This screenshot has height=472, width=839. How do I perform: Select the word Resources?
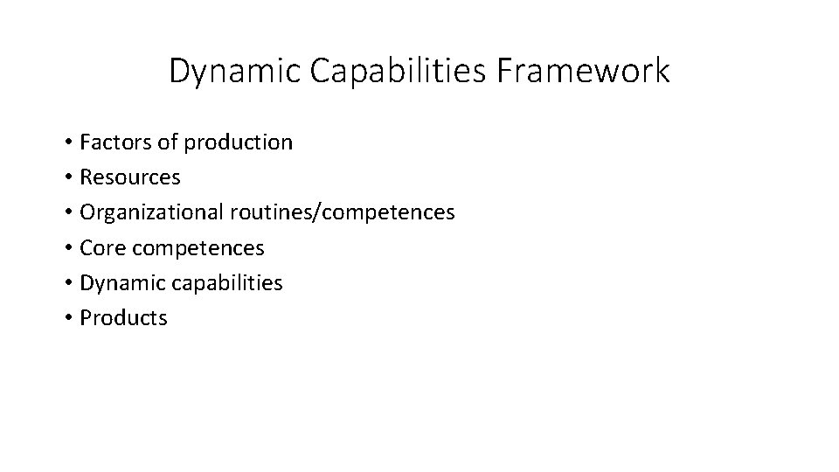click(129, 177)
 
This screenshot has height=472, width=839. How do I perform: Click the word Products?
click(123, 318)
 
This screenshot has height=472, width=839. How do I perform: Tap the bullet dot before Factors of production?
click(66, 142)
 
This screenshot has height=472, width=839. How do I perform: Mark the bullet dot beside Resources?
click(66, 177)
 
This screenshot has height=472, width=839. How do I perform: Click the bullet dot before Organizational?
click(66, 213)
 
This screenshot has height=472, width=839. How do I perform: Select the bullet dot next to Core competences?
click(66, 248)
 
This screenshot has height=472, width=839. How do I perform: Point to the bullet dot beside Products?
click(66, 318)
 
